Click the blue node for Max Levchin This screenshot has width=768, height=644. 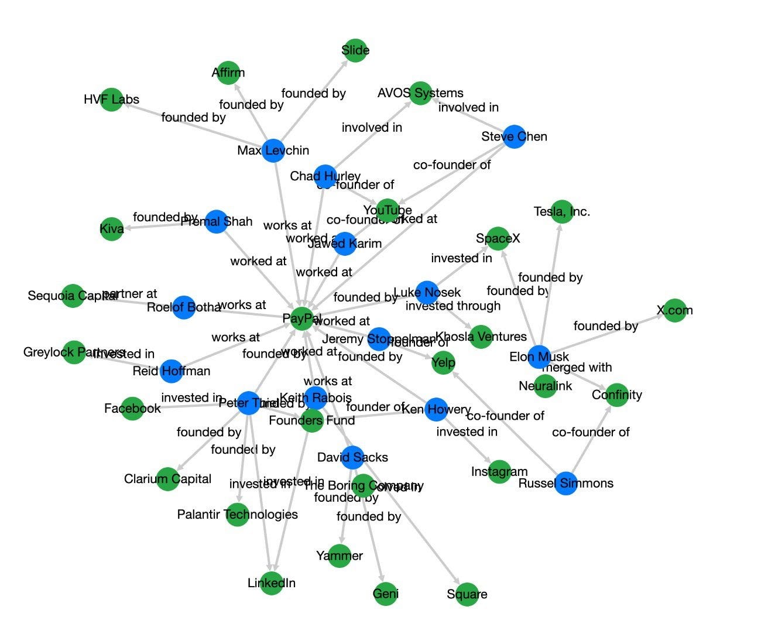[273, 150]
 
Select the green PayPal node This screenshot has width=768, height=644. [302, 318]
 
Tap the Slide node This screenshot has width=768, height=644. [355, 50]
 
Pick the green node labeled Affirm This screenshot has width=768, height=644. [228, 73]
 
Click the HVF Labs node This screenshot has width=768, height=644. [111, 100]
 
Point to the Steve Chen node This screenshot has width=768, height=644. [514, 136]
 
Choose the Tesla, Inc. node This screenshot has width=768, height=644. [561, 211]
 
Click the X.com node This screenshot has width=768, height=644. [674, 310]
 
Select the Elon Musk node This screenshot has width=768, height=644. [539, 357]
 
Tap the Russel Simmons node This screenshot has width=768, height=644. [565, 483]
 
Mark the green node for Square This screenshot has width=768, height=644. [467, 594]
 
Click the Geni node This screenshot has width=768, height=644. [385, 594]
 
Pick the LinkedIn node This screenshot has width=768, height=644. [272, 583]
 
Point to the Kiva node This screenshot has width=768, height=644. [112, 228]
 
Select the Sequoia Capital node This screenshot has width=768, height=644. [73, 296]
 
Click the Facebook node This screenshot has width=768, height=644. [132, 408]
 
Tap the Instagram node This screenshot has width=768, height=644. [499, 472]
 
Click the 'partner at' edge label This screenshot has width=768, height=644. [130, 294]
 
